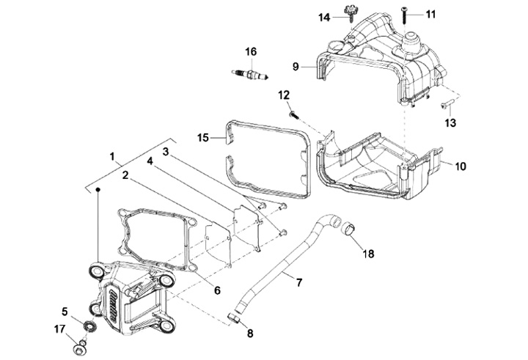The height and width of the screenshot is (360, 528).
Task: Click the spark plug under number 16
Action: pos(250,75)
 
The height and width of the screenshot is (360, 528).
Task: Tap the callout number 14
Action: pos(325,18)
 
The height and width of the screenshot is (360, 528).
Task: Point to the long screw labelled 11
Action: pos(404,15)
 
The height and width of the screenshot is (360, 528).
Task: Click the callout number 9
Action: pos(296,67)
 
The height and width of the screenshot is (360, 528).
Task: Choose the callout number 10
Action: pos(461,166)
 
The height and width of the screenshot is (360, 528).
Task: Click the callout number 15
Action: pos(203,138)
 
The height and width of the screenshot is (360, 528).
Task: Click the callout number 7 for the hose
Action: pos(299,282)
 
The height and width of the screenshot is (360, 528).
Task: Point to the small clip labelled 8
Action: pos(234,317)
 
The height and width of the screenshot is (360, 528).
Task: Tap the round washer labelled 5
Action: pos(89,326)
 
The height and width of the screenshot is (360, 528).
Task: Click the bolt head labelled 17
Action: pos(80,348)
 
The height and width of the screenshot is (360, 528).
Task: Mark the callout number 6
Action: pos(218,290)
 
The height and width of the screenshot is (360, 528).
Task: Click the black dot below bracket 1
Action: pos(98,189)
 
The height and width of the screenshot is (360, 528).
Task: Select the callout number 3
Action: pos(165,152)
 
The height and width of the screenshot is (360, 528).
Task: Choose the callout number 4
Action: pos(150,161)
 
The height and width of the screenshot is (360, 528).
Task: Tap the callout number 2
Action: pos(125,175)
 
